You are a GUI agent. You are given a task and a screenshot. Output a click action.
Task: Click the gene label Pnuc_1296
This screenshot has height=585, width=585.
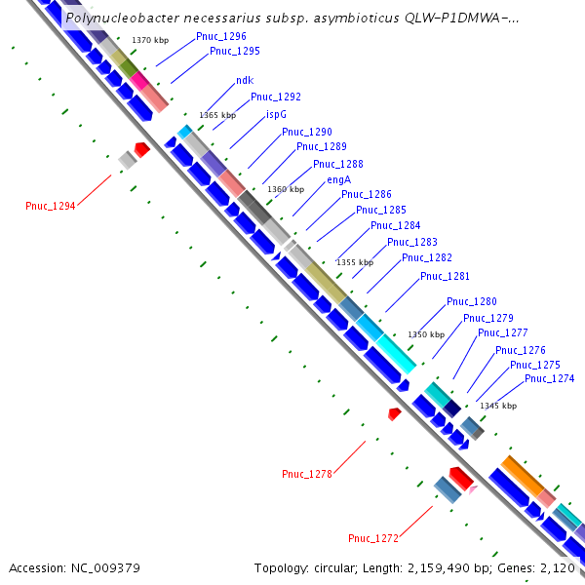[x=220, y=35]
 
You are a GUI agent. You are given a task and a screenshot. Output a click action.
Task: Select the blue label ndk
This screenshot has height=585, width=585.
[x=244, y=81]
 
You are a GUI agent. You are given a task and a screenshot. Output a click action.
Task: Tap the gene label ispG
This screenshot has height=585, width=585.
[x=276, y=114]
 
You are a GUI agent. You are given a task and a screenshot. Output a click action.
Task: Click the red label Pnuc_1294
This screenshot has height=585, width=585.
[x=50, y=206]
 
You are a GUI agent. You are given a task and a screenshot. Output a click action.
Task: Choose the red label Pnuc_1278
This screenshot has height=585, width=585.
[x=307, y=474]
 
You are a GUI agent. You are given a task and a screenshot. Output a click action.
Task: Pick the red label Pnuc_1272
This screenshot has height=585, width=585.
[x=373, y=538]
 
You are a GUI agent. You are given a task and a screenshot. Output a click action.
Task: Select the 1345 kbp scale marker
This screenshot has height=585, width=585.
[x=498, y=406]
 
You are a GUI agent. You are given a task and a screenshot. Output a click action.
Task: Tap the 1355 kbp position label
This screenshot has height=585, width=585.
[x=354, y=262]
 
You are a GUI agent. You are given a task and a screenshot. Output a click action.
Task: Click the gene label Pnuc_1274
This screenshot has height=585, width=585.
[x=549, y=378]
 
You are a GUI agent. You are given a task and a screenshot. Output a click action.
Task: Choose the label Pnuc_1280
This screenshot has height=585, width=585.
[x=471, y=301]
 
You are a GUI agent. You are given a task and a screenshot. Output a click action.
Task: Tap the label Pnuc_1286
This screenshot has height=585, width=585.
[x=366, y=194]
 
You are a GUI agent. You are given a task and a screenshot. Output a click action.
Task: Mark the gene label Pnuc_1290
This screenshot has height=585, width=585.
[x=307, y=132]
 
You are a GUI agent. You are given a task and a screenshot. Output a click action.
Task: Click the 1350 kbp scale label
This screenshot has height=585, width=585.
[x=426, y=334]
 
